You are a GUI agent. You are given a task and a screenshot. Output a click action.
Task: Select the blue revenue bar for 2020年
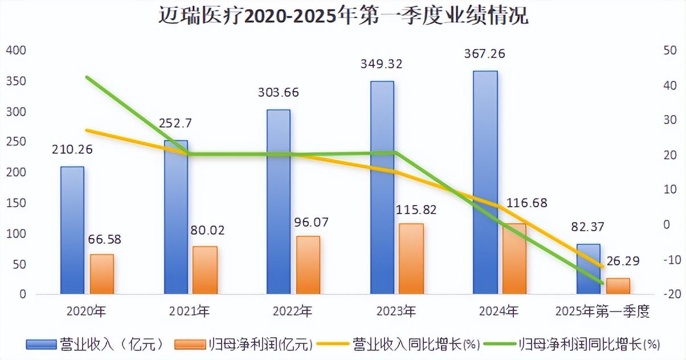(72, 230)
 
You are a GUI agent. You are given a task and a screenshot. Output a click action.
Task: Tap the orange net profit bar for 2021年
(205, 270)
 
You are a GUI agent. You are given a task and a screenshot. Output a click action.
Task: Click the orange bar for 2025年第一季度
(618, 286)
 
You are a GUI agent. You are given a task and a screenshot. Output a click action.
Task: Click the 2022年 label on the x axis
(292, 312)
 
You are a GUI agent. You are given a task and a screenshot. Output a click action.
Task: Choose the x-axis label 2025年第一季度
(602, 312)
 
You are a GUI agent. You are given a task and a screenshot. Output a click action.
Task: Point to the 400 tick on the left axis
(16, 51)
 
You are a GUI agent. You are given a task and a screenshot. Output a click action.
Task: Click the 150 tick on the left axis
(16, 203)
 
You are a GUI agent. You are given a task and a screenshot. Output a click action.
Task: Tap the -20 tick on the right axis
(668, 294)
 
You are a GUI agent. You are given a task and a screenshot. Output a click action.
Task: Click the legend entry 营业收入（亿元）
(97, 344)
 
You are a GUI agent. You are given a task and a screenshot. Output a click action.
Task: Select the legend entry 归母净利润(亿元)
(244, 344)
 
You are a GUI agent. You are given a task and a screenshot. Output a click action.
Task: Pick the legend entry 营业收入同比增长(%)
(399, 344)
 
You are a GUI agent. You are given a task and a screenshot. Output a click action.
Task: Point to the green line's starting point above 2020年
(85, 76)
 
